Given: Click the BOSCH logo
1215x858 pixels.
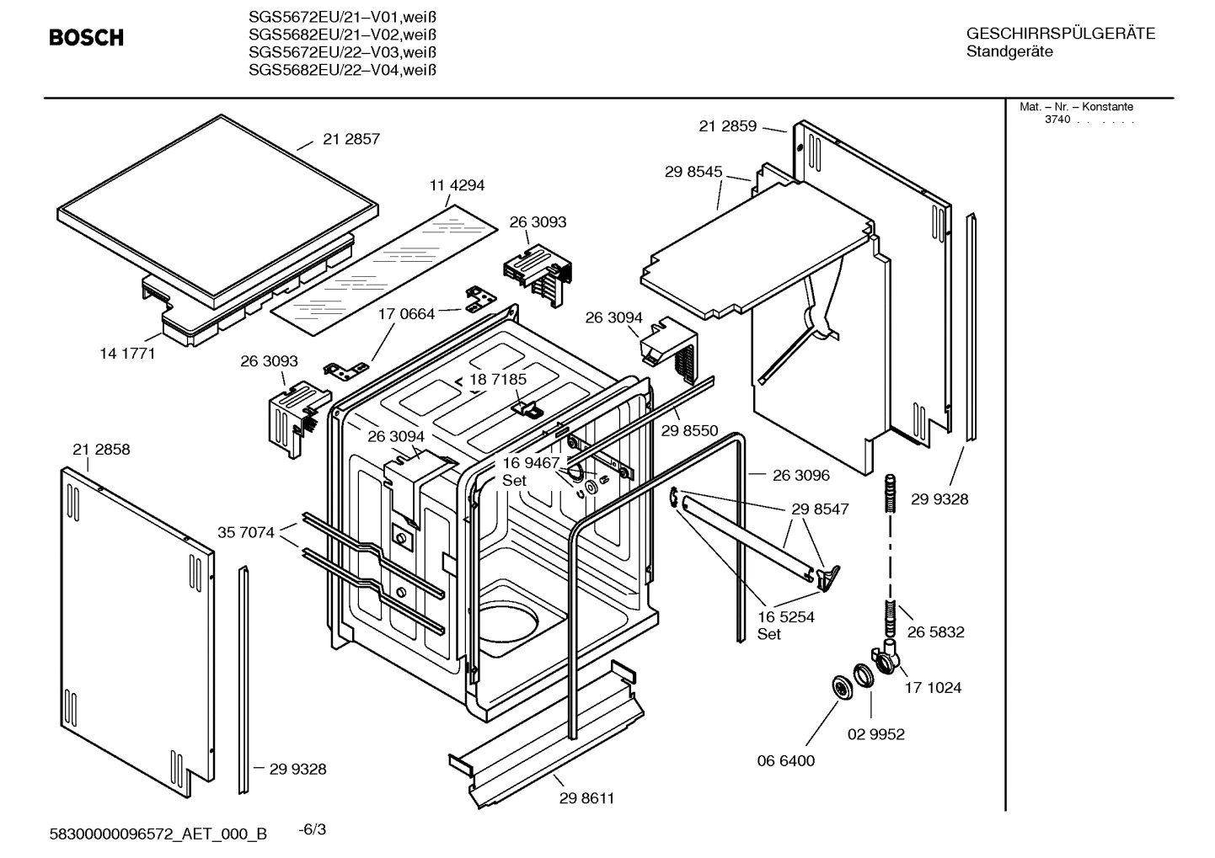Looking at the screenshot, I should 86,37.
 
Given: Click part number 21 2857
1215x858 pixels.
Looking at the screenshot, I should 351,139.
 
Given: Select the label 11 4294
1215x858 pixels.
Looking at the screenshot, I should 457,185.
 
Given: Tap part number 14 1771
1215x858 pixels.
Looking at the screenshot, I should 127,354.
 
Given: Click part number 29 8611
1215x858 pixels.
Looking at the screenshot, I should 586,797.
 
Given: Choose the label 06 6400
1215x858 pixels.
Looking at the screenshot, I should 785,760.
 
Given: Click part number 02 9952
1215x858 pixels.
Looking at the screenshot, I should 875,734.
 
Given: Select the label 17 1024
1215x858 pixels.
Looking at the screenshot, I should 933,687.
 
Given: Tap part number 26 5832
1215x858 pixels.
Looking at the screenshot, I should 935,632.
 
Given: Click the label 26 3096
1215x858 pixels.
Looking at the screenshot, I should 800,475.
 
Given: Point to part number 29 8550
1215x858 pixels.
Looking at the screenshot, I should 689,430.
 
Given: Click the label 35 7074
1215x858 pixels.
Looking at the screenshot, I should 246,532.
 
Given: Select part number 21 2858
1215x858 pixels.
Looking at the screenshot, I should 101,450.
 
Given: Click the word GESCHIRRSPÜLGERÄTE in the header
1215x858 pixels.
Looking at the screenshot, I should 1060,34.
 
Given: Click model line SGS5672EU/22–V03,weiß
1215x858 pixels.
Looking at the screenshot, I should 342,52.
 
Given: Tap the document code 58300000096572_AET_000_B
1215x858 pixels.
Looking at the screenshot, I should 158,834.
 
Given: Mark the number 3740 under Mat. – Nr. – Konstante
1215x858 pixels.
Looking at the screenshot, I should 1057,120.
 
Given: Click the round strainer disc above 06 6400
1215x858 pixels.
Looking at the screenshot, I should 841,686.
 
